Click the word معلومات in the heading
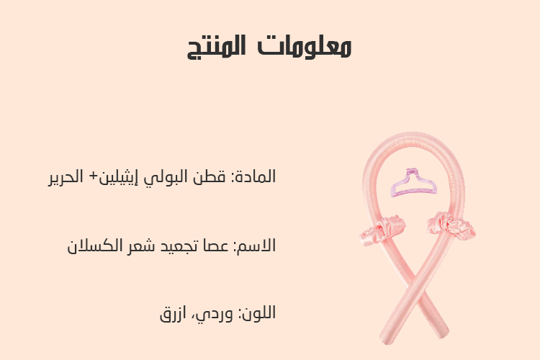coord(305,46)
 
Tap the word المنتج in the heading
coord(216,47)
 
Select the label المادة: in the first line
coord(253,176)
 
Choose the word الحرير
coord(66,177)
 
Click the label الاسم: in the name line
coord(255,246)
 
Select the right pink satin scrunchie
coord(451,225)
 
